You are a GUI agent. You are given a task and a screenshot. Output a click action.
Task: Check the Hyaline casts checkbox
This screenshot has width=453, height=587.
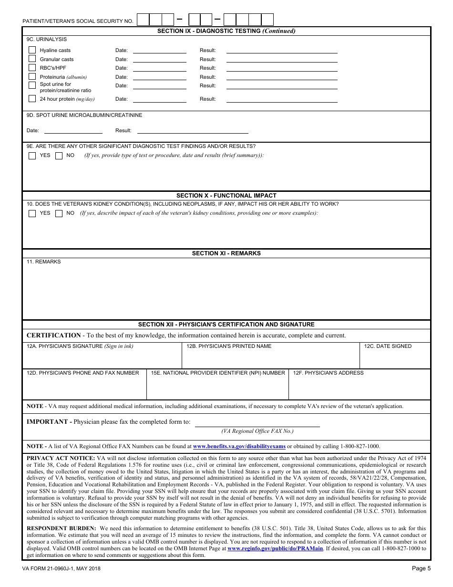coord(32,50)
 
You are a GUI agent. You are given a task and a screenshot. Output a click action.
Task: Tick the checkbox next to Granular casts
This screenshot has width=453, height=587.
coord(32,59)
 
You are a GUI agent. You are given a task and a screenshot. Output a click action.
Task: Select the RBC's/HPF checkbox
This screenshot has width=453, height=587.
coord(32,68)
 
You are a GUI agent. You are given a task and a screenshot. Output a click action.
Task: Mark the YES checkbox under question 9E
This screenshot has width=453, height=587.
coord(32,156)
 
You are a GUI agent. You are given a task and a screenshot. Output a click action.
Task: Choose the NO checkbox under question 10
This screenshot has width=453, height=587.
coord(59,213)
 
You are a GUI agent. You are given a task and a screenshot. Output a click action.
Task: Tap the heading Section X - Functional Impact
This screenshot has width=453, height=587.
coord(226,196)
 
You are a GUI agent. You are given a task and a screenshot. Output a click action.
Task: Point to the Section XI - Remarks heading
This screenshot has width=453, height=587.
coord(226,253)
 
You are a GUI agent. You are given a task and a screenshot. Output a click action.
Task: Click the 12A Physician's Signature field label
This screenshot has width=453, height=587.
coord(80,346)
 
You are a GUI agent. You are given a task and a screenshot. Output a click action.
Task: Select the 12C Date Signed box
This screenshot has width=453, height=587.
coord(395,356)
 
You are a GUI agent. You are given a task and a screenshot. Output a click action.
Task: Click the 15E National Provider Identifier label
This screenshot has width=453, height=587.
coord(218,373)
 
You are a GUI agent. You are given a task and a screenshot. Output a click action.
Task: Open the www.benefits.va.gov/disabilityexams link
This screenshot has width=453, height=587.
coord(239,447)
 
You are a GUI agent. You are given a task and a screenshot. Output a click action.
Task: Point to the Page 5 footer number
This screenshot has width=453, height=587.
coord(421,568)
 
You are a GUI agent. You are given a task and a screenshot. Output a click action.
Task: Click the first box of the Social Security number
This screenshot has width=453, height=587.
coord(143,20)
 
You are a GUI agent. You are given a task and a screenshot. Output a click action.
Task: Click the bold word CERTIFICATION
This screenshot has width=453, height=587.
coord(53,335)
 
